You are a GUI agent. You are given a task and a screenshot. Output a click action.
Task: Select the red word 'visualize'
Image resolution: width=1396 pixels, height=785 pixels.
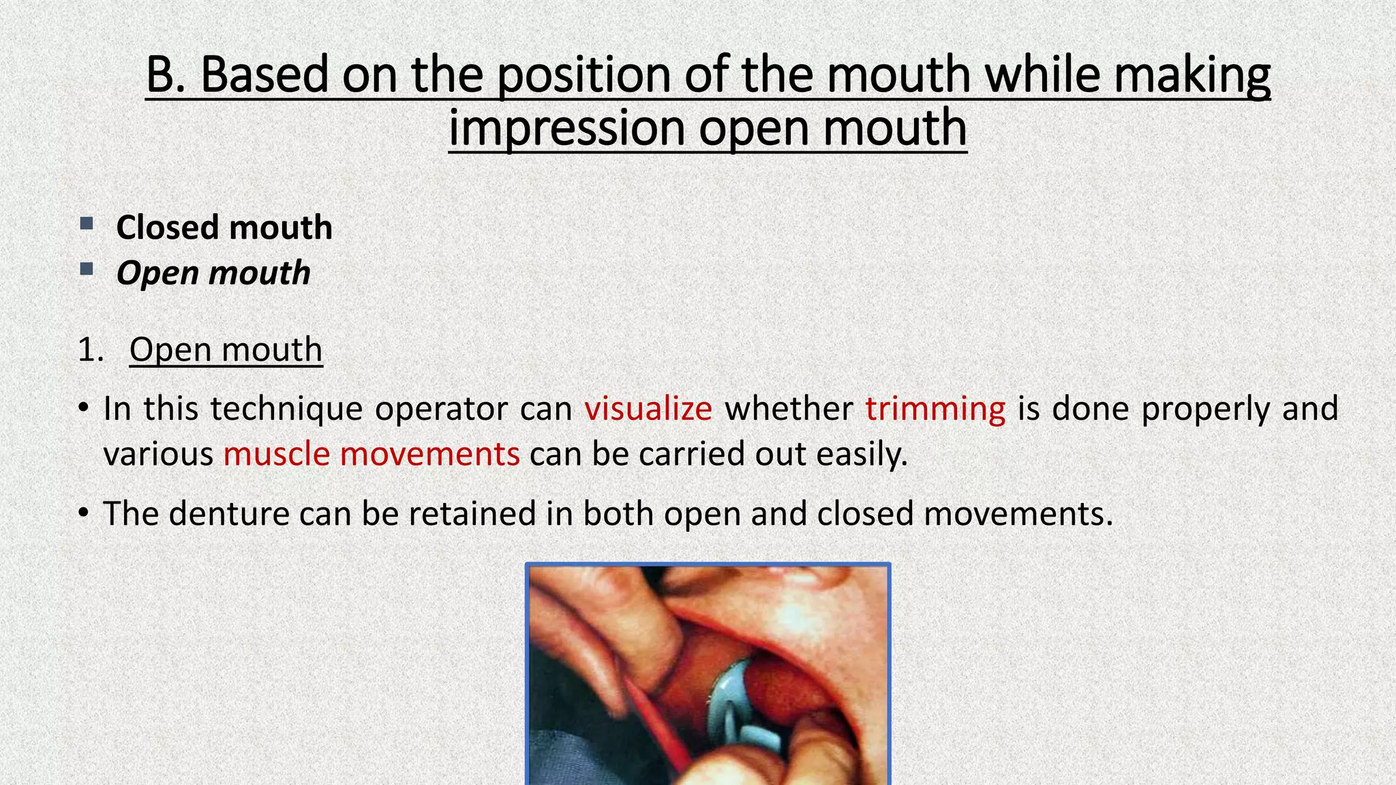[x=648, y=409]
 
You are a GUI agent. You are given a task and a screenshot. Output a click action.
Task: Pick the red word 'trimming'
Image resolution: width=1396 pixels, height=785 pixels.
[x=935, y=409]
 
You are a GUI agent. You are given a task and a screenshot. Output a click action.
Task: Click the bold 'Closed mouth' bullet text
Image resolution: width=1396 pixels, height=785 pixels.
[x=224, y=228]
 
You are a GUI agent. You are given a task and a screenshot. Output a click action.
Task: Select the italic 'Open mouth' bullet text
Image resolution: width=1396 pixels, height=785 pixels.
[x=213, y=273]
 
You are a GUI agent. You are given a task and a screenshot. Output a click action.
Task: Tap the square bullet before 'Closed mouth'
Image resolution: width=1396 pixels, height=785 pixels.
[x=87, y=224]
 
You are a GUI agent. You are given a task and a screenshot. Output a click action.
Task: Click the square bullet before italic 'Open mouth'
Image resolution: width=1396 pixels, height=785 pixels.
[x=87, y=269]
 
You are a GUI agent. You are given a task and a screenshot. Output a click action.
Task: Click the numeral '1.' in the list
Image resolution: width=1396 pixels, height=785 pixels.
[x=91, y=350]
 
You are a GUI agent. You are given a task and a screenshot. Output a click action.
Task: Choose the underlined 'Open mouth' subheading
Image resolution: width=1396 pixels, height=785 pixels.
[x=226, y=350]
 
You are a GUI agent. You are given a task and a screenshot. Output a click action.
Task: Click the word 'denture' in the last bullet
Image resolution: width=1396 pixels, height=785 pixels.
[x=229, y=514]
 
